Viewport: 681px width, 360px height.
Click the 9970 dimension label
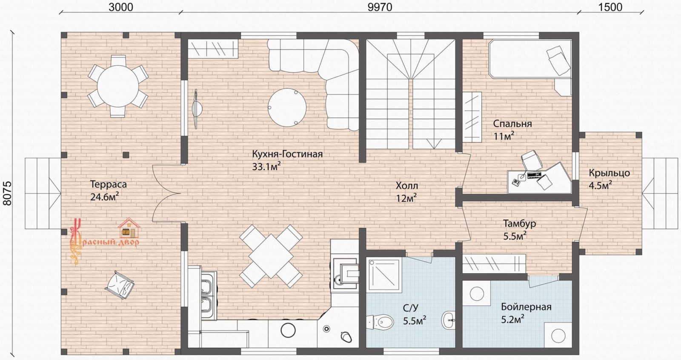coord(380,7)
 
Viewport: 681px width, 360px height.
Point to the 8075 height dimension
coord(7,193)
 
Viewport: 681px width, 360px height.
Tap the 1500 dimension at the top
coord(610,7)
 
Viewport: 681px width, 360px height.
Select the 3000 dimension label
coord(121,7)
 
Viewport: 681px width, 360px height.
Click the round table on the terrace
coord(118,86)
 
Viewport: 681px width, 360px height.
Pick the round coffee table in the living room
coord(287,107)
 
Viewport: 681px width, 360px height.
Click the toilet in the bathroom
coord(381,321)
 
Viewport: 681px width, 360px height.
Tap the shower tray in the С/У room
coord(384,275)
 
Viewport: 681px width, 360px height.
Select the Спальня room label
coord(512,124)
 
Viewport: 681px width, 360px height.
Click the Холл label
coord(407,186)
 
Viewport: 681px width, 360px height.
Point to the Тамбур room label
coord(519,223)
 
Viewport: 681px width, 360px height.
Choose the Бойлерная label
coord(526,307)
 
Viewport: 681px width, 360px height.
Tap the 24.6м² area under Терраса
coord(104,197)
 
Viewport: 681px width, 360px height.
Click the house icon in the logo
coord(129,228)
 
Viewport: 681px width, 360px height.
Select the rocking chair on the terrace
coord(120,285)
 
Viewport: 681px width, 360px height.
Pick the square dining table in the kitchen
coord(271,256)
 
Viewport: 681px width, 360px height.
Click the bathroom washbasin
coord(449,320)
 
